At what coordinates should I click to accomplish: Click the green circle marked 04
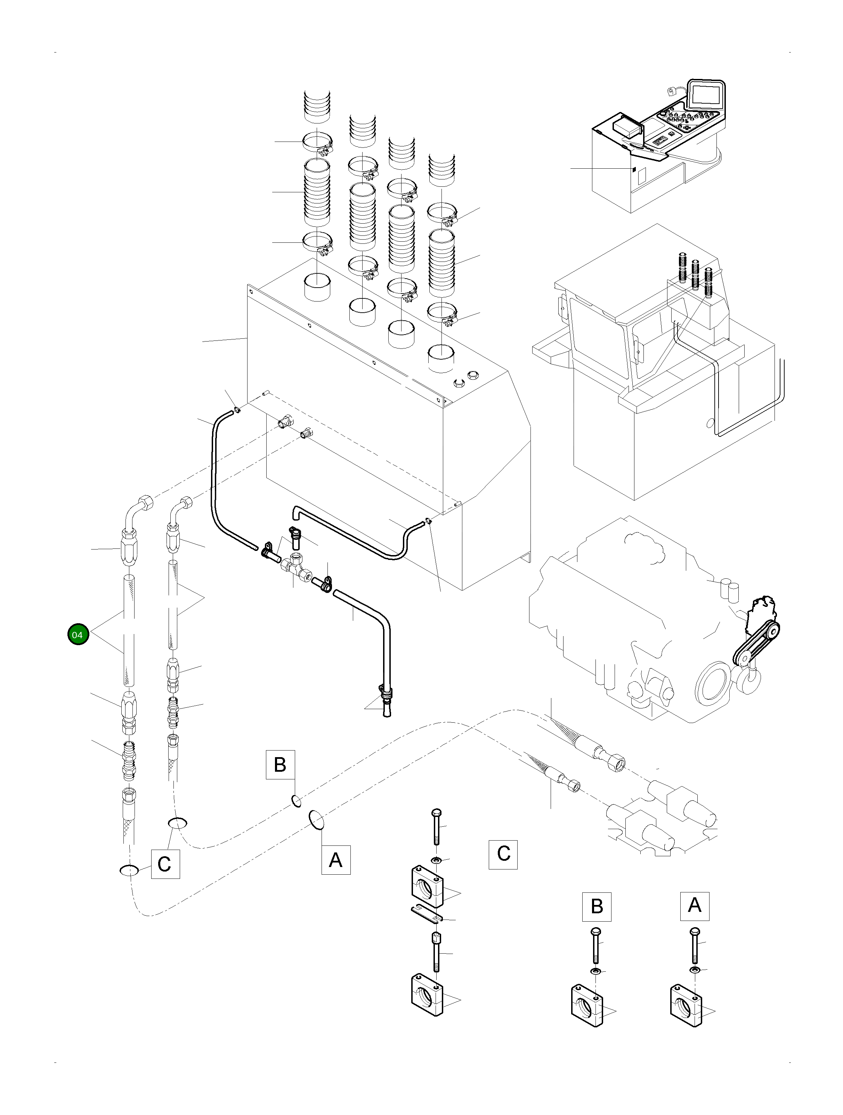pos(77,635)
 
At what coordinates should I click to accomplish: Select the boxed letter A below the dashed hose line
pos(335,860)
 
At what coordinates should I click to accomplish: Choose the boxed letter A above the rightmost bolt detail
pos(694,906)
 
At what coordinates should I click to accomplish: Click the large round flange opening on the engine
pos(713,684)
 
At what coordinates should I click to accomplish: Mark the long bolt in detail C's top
pos(436,827)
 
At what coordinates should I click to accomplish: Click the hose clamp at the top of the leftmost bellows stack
pos(317,142)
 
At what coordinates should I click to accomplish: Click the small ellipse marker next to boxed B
pos(296,801)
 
